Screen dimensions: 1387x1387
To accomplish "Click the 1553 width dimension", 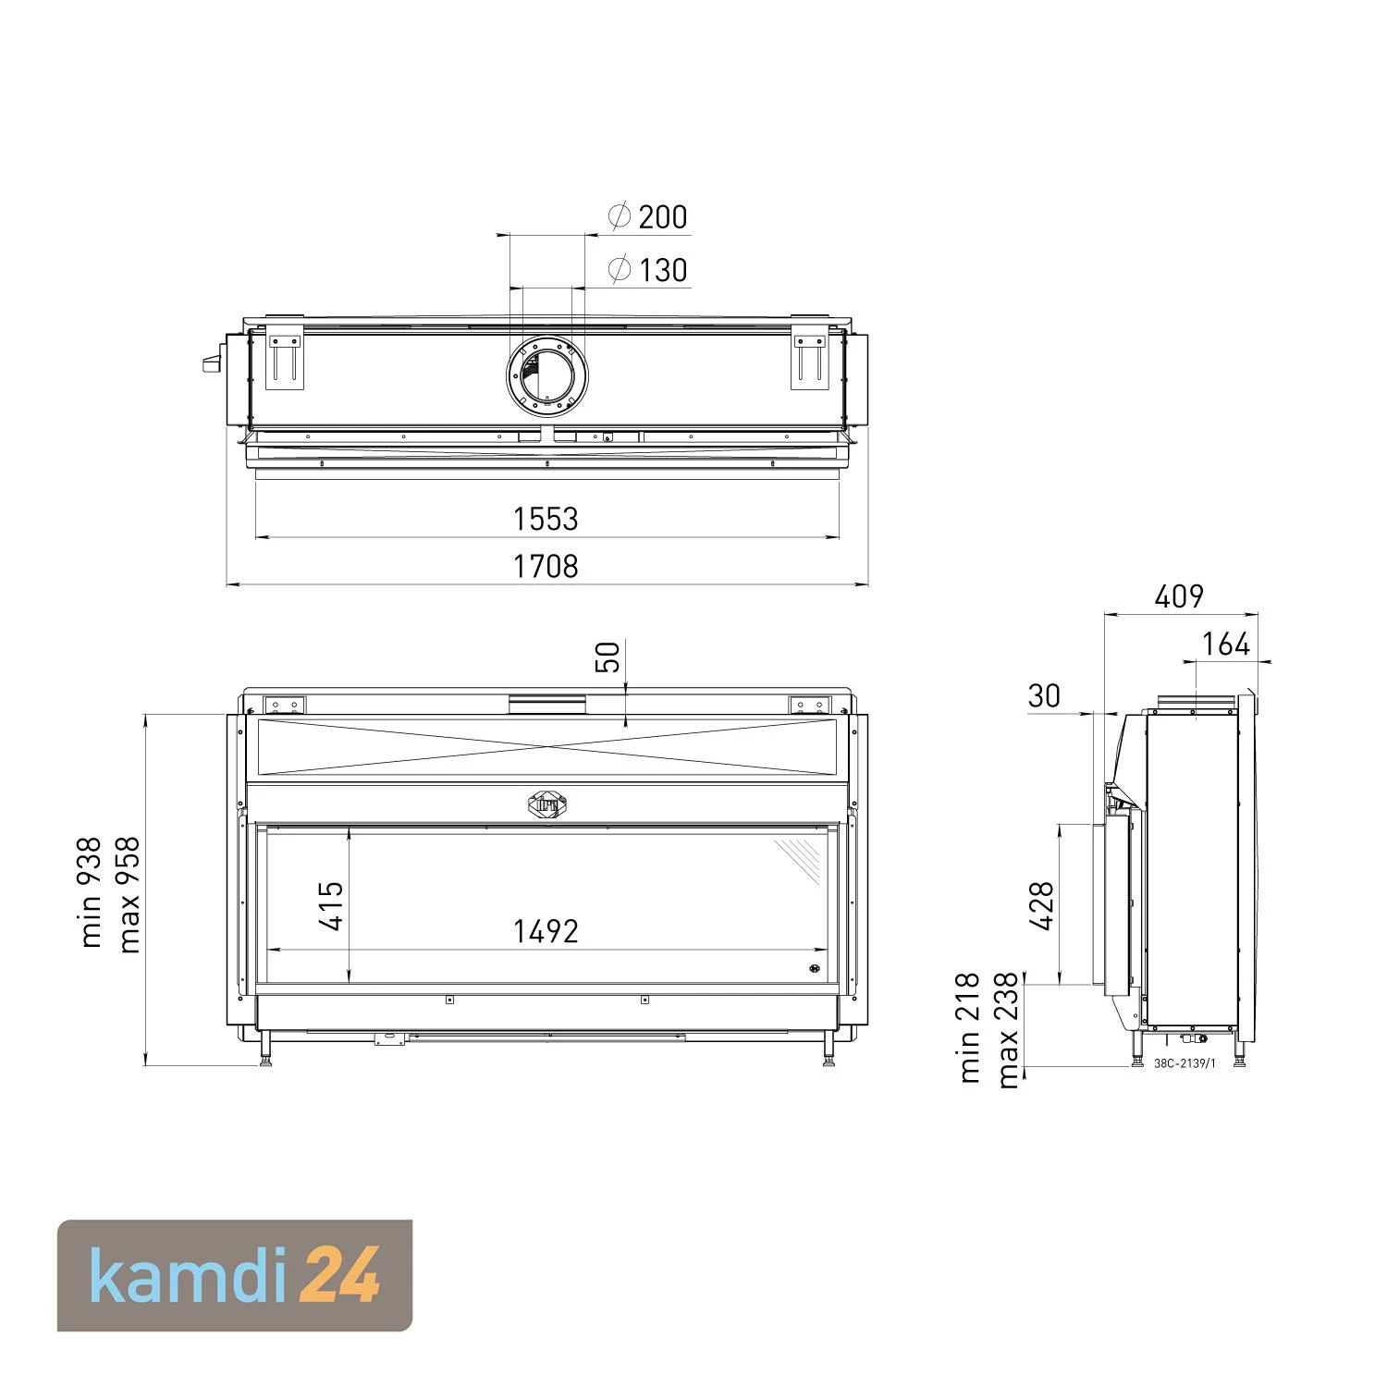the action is (546, 519).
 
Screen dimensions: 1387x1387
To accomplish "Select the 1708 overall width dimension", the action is (546, 566).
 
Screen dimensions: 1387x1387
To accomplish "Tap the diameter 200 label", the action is (648, 216).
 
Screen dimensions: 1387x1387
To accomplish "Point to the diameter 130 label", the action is (648, 270).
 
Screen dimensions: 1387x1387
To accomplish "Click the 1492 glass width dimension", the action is (546, 931).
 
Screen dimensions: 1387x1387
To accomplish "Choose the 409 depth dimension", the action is (1179, 596).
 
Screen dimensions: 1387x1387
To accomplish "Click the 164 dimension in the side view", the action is (1226, 644).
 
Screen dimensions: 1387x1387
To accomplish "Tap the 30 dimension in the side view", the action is (1044, 695).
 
